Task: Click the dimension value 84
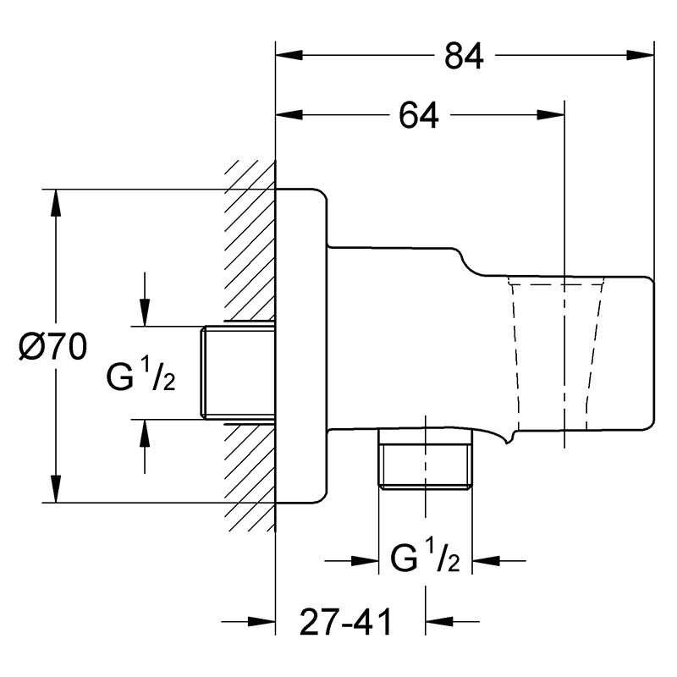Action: pyautogui.click(x=464, y=56)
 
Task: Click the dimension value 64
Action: pyautogui.click(x=419, y=115)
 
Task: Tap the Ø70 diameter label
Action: pyautogui.click(x=53, y=346)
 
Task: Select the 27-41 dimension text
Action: pyautogui.click(x=345, y=622)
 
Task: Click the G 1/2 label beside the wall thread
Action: pyautogui.click(x=140, y=375)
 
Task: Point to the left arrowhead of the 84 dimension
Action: pyautogui.click(x=289, y=55)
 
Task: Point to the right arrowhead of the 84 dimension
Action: pyautogui.click(x=641, y=55)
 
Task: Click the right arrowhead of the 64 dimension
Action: pyautogui.click(x=551, y=115)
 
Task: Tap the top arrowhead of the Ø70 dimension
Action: pyautogui.click(x=55, y=202)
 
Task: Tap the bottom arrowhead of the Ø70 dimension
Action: pyautogui.click(x=55, y=489)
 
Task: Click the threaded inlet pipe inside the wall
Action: pyautogui.click(x=238, y=372)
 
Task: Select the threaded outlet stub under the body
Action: pyautogui.click(x=425, y=460)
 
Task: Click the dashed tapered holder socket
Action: pyautogui.click(x=557, y=355)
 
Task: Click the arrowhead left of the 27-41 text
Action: pyautogui.click(x=262, y=622)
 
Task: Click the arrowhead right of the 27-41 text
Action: pyautogui.click(x=438, y=622)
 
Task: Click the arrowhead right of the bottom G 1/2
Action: pyautogui.click(x=486, y=561)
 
